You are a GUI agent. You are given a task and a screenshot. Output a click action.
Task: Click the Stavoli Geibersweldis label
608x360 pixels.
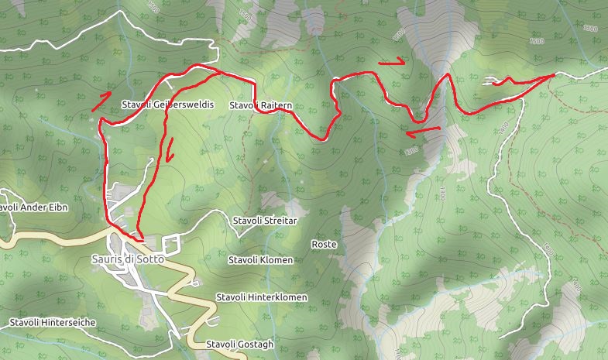[x=167, y=105]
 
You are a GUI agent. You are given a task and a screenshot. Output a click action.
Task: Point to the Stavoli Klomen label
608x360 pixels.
[x=261, y=260]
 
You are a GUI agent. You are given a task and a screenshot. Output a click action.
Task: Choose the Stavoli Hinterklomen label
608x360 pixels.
[x=262, y=297]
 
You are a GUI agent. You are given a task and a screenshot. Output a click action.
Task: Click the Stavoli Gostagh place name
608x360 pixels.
[x=240, y=345]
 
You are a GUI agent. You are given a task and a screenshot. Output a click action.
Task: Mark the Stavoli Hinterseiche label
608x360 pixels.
[x=53, y=321]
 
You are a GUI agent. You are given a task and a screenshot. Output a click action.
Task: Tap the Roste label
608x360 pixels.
[x=324, y=244]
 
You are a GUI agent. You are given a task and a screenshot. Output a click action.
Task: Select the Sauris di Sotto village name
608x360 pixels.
[x=128, y=259]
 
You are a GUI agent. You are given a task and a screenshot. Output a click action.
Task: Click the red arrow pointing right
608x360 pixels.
[x=392, y=61]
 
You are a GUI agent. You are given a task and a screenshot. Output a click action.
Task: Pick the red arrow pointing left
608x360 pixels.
[x=422, y=130]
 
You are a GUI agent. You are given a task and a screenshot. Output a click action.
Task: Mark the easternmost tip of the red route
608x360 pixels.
[x=554, y=75]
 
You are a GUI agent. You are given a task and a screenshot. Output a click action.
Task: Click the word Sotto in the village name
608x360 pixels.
[x=149, y=259]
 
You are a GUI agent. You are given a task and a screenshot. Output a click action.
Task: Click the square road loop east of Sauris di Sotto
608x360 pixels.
[x=172, y=243]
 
